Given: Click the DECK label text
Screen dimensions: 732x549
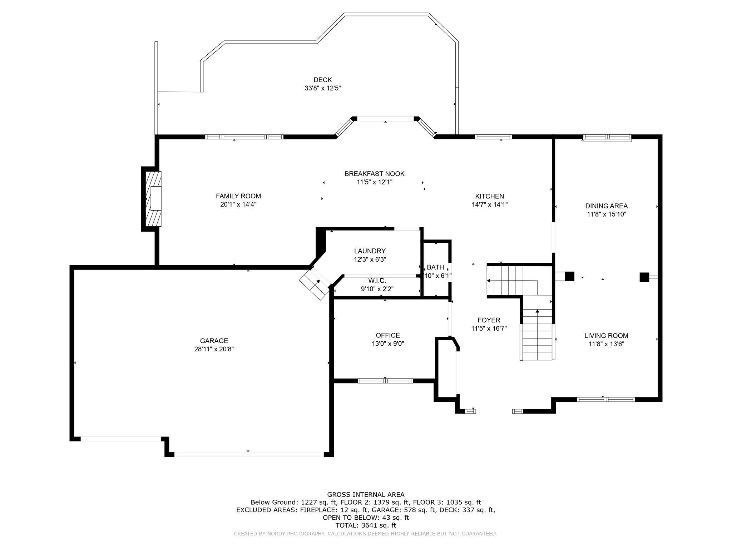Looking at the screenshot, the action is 323,80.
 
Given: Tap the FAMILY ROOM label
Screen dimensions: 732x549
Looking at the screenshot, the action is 238,196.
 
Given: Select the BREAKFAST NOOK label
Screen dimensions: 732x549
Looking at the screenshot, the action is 375,174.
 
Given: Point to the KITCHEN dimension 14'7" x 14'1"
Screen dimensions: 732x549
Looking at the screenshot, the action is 490,204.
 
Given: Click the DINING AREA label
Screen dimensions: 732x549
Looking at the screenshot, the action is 607,206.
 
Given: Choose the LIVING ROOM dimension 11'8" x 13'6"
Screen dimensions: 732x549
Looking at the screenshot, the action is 607,344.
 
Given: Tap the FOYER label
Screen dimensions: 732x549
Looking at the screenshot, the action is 489,320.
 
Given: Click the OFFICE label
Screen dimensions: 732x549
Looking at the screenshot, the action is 388,335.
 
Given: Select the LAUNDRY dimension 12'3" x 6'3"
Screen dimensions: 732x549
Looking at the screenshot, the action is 370,259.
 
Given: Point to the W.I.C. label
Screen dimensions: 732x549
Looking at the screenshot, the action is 377,281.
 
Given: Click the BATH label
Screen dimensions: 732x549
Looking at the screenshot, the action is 436,267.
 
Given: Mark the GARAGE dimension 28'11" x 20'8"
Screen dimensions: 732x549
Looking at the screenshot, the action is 214,349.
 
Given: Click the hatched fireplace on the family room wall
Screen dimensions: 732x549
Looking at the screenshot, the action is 153,199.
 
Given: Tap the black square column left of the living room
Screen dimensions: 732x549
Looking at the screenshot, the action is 569,277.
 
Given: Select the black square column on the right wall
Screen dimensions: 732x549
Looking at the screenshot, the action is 644,277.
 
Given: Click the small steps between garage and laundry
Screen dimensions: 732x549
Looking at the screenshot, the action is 315,284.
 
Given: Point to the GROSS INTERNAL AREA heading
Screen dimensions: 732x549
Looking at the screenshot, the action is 366,495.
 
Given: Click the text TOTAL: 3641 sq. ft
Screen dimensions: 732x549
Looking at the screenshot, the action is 366,525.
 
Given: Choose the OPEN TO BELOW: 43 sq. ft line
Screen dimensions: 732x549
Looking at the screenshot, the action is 366,518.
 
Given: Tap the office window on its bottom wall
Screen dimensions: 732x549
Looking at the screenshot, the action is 385,381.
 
